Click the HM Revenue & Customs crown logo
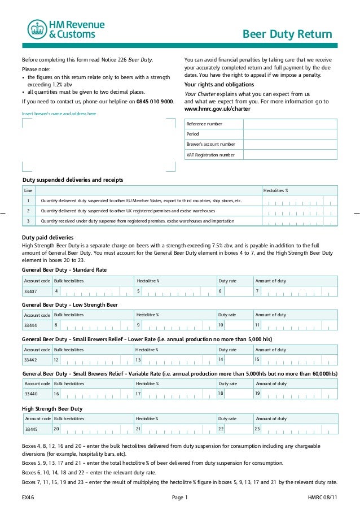pos(37,29)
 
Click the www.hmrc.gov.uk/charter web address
pos(217,108)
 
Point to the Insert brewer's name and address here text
pos(59,114)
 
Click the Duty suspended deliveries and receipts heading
pos(72,180)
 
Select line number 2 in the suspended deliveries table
pos(28,211)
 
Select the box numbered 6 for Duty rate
pos(233,291)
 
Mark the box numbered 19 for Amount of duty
pos(295,393)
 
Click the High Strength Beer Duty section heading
pos(52,408)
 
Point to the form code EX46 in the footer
pos(28,498)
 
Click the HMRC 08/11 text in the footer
pos(322,498)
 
